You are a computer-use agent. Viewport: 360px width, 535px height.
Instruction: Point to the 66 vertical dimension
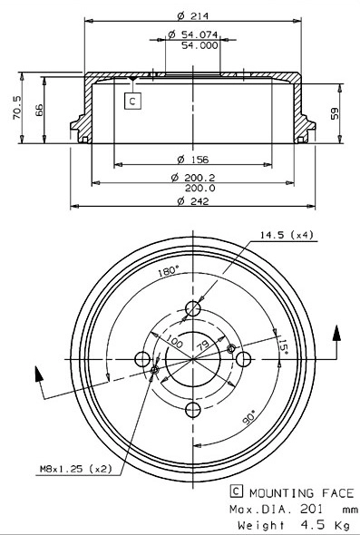[x=38, y=109]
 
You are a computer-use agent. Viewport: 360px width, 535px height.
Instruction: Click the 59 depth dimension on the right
[x=335, y=113]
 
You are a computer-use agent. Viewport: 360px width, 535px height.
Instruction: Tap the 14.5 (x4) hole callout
[x=287, y=235]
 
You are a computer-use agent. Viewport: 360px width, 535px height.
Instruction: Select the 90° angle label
[x=248, y=417]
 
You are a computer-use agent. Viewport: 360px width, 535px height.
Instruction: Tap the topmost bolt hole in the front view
[x=192, y=308]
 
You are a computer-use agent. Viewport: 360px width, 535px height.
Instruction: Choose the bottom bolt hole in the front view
[x=192, y=411]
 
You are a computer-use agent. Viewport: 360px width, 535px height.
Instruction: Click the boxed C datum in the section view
[x=132, y=102]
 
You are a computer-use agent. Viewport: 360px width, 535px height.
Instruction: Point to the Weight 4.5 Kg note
[x=292, y=524]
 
